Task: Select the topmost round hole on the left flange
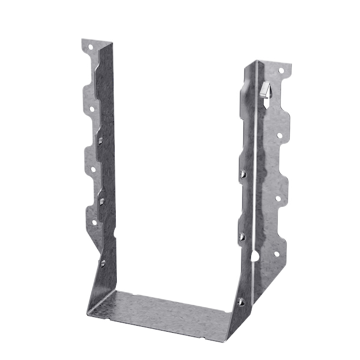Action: [89, 50]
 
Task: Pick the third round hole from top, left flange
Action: [93, 169]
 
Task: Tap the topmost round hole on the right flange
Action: [281, 71]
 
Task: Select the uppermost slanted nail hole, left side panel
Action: [101, 140]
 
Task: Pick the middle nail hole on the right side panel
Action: [242, 237]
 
